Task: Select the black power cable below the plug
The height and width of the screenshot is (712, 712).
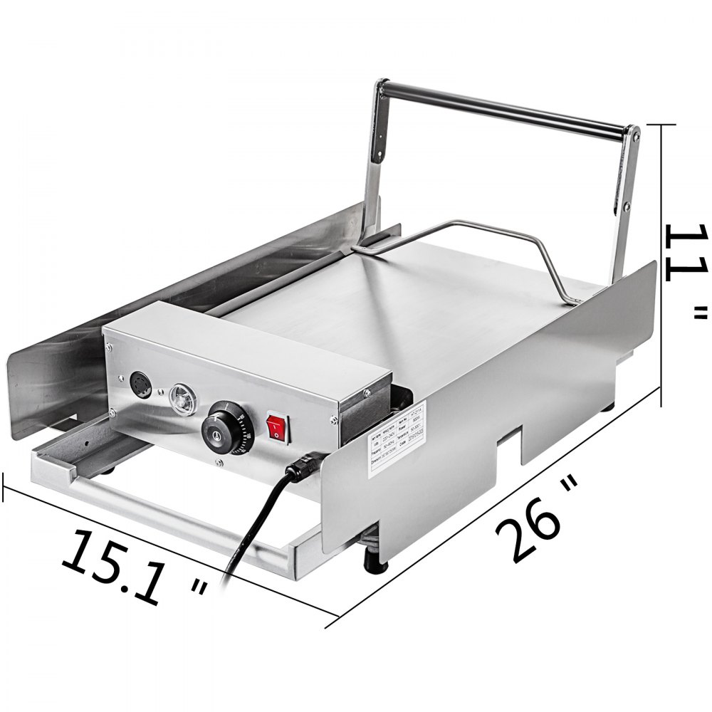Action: click(x=242, y=541)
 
